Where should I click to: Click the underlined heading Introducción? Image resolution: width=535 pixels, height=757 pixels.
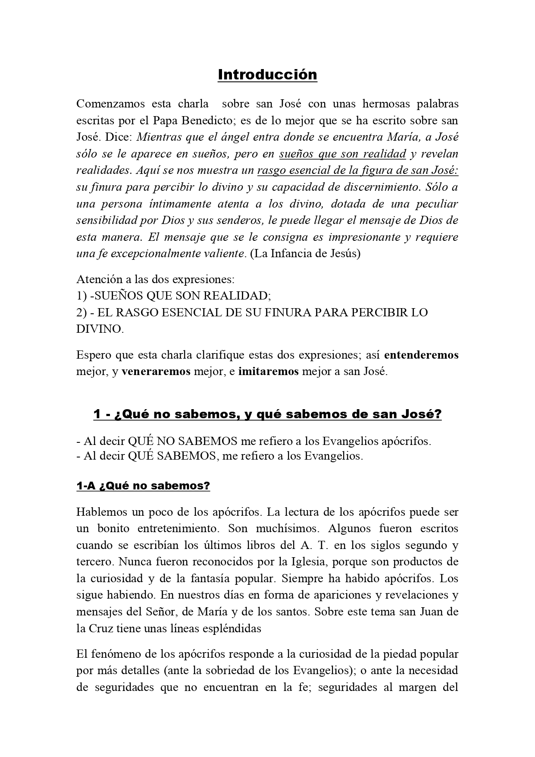[x=267, y=75]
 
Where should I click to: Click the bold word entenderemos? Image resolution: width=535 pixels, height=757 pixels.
[x=421, y=355]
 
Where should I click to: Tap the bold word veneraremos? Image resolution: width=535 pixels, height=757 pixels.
[x=156, y=372]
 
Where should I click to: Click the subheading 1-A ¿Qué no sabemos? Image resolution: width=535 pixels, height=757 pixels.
[x=143, y=486]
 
